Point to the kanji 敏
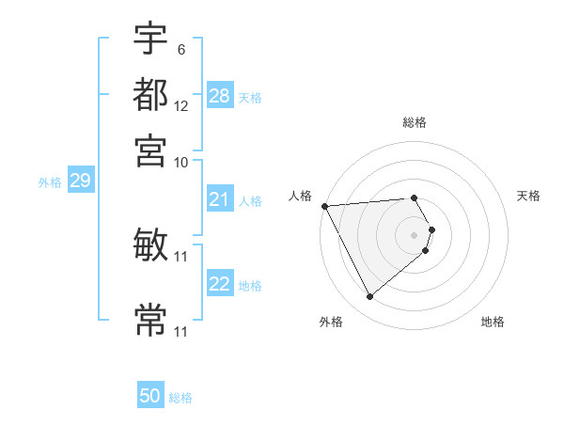pos(150,245)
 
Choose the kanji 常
pos(150,320)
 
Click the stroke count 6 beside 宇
pos(180,49)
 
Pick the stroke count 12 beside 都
pos(181,106)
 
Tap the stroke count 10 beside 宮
pos(181,162)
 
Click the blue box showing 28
pos(220,96)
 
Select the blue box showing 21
pos(220,199)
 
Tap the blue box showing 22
pos(220,284)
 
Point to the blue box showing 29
pos(80,181)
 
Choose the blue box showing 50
pos(150,396)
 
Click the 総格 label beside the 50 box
pos(180,398)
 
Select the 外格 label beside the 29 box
pos(50,182)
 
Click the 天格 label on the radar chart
pos(528,196)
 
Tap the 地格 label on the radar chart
pos(493,322)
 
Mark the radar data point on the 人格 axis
pos(324,206)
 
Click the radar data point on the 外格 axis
pos(370,297)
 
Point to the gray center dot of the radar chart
pos(415,234)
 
